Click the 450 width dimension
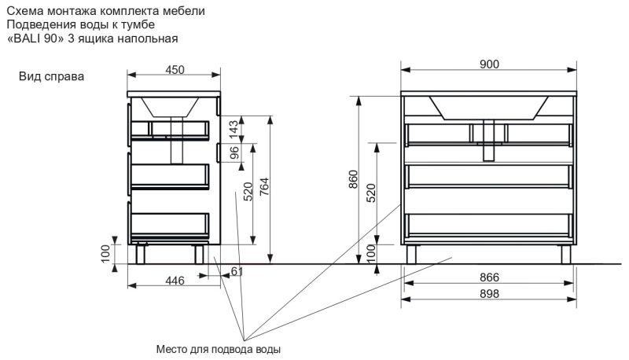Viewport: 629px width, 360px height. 175,70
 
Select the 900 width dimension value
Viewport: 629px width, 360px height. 489,64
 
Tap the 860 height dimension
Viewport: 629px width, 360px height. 353,180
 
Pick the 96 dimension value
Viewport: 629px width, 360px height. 234,152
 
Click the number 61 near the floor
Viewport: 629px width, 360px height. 234,271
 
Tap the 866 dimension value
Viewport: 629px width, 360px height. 489,277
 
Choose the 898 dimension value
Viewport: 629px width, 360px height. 489,293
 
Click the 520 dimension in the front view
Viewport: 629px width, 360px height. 371,193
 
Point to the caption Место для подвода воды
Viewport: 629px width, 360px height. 219,349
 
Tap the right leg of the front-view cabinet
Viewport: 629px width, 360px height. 566,253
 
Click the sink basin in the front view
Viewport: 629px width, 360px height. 489,106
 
